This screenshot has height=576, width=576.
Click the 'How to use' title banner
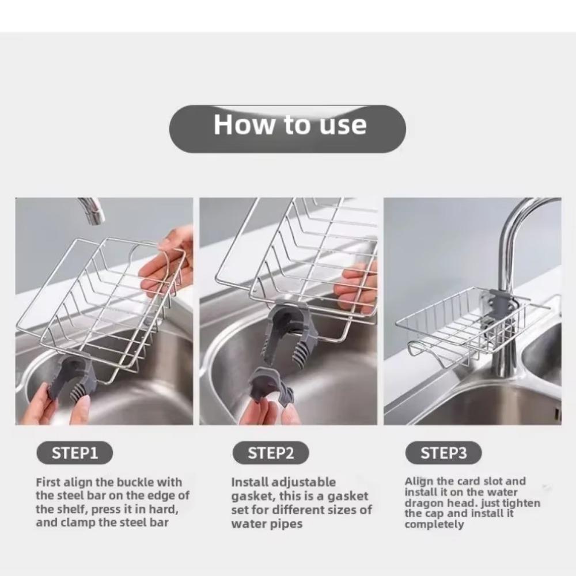click(287, 125)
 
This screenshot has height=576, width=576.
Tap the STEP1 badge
click(75, 453)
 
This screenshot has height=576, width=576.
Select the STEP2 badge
click(271, 453)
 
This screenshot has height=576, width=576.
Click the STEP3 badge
click(443, 453)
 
